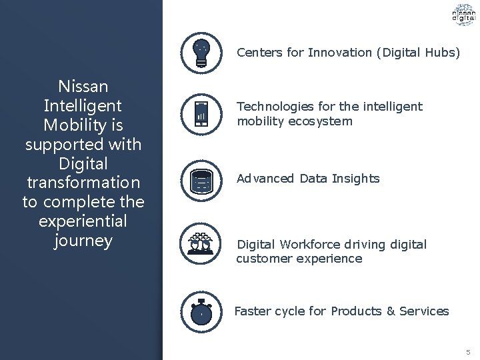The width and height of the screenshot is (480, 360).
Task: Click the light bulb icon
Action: coord(201,51)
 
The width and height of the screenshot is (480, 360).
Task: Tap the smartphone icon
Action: coord(201,114)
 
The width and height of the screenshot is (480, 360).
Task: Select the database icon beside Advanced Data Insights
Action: coord(201,179)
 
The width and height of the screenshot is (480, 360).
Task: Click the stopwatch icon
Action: coord(201,311)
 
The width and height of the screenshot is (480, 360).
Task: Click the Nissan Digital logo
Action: coord(463,16)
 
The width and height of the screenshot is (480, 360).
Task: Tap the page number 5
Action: coord(468,351)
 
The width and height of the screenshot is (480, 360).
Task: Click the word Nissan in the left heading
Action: coord(83,86)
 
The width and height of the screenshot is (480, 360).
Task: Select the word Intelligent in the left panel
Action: coord(83,105)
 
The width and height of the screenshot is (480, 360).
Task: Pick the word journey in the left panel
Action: coord(83,240)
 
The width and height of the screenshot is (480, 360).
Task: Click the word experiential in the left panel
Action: coord(83,221)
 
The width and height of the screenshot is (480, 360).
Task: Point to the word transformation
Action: coord(83,182)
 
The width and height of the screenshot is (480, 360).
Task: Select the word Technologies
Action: coord(270,107)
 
